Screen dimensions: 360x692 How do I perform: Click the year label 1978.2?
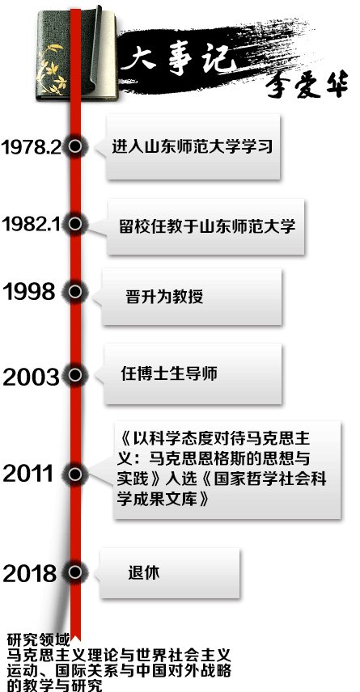click(31, 147)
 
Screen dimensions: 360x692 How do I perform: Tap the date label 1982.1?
click(31, 224)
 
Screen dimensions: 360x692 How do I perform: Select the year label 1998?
click(29, 292)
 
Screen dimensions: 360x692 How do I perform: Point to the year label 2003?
click(31, 378)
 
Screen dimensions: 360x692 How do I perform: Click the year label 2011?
click(28, 474)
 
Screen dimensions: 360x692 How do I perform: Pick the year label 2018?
click(30, 574)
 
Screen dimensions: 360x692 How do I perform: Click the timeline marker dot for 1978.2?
click(75, 146)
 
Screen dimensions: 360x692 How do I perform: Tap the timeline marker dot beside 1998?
click(75, 292)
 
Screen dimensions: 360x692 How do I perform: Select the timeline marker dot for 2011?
click(75, 474)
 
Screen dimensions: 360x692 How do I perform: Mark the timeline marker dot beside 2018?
click(75, 572)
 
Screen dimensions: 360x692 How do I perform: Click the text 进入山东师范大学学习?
click(193, 146)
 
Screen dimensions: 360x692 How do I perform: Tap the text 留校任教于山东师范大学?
click(207, 226)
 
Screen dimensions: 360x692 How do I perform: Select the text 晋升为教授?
click(164, 297)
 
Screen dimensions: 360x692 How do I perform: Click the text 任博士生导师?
click(169, 373)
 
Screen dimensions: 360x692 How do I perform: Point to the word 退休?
click(144, 573)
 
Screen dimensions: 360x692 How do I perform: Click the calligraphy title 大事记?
click(176, 61)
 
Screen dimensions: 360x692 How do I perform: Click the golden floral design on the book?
click(52, 69)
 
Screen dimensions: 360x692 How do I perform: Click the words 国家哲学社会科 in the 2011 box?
click(270, 479)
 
